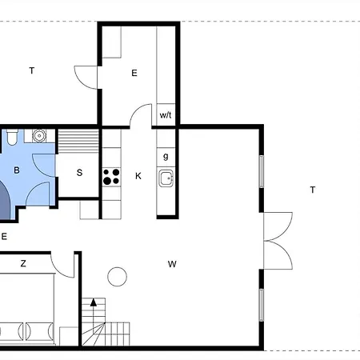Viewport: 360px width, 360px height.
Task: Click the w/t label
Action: [x=166, y=115]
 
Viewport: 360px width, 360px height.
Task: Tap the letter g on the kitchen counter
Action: [x=166, y=156]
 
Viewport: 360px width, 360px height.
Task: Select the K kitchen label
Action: [x=138, y=176]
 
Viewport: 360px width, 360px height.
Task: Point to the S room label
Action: [x=79, y=173]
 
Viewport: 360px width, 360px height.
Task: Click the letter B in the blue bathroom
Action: [x=17, y=170]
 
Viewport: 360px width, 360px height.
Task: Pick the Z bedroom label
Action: [x=23, y=263]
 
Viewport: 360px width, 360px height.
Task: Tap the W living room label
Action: [x=172, y=264]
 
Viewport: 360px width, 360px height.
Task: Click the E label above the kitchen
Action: [x=134, y=73]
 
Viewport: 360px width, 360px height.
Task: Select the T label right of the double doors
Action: [x=313, y=190]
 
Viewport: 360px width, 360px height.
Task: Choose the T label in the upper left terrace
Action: [x=32, y=70]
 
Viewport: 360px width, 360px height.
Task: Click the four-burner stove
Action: [x=111, y=177]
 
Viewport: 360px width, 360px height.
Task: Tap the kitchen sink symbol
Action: [x=166, y=178]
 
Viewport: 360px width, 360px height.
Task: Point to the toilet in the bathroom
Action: [x=12, y=137]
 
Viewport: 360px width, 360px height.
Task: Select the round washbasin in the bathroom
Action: [x=39, y=136]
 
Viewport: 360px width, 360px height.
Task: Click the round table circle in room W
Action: [x=117, y=277]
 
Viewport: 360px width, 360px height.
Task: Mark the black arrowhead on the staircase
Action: [x=94, y=302]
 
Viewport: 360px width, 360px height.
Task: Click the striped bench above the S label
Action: [x=78, y=141]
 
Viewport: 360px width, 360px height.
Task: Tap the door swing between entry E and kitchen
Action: [x=141, y=114]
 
